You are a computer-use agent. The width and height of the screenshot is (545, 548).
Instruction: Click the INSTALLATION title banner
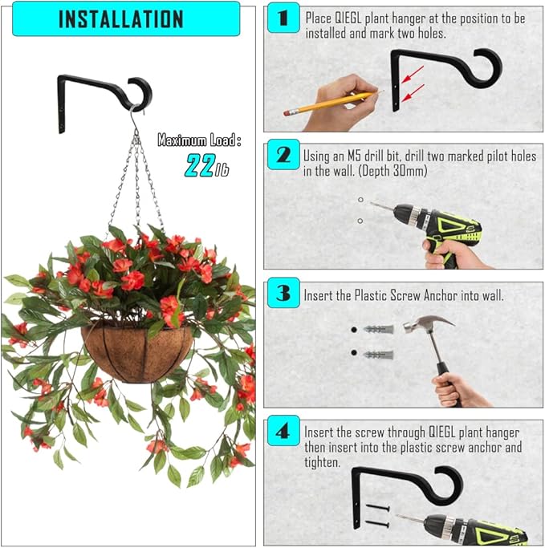point(120,18)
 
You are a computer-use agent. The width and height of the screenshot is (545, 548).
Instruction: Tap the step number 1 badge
point(283,17)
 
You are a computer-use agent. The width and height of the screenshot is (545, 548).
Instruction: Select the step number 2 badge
point(283,154)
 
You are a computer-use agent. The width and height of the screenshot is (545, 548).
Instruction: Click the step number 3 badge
point(283,294)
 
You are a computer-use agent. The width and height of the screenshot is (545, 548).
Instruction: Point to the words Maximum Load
point(198,140)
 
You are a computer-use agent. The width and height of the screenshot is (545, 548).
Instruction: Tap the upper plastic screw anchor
point(378,331)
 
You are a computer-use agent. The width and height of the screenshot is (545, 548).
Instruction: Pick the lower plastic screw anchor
point(378,354)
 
